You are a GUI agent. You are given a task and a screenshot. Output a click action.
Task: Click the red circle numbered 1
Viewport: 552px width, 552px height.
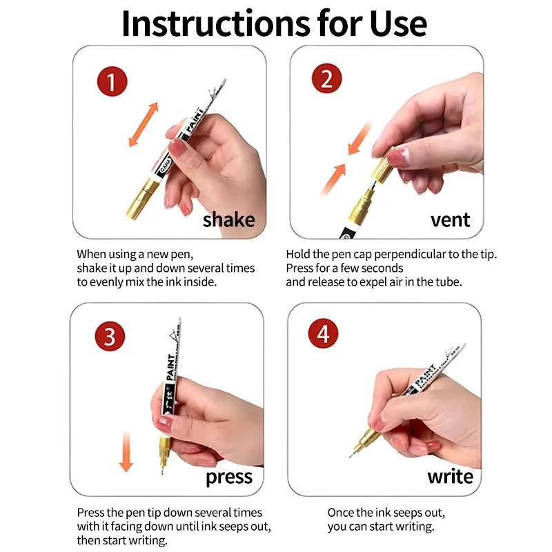(x=111, y=82)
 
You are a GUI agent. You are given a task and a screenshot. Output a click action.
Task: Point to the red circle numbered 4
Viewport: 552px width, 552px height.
(x=323, y=334)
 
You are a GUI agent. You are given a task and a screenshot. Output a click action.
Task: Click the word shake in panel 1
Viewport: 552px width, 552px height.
(x=228, y=220)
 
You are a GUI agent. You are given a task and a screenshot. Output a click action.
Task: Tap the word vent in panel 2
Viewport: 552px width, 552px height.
(x=450, y=220)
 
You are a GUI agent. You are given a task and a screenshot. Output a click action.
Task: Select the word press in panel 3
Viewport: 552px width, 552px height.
(x=229, y=477)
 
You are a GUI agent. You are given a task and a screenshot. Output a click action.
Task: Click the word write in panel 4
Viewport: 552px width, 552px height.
(x=450, y=477)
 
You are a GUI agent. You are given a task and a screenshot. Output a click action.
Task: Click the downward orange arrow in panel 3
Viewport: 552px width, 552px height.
(x=126, y=452)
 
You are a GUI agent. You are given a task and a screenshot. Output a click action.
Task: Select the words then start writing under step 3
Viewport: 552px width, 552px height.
(x=123, y=540)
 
